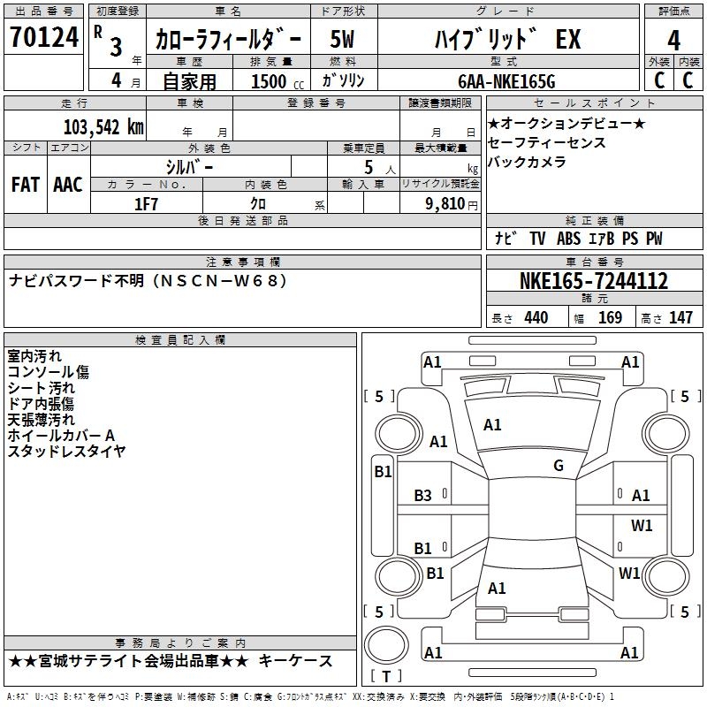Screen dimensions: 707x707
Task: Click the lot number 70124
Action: pyautogui.click(x=44, y=36)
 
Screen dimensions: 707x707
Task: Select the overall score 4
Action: pyautogui.click(x=673, y=40)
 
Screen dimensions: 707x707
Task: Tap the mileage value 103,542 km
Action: pyautogui.click(x=103, y=126)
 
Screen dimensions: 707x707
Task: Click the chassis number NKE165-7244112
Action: pyautogui.click(x=593, y=280)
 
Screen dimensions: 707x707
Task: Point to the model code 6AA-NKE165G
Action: pyautogui.click(x=506, y=81)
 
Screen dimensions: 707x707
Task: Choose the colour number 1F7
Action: pyautogui.click(x=146, y=204)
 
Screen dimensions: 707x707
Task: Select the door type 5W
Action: pyautogui.click(x=342, y=39)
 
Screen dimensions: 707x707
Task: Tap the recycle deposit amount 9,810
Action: pyautogui.click(x=445, y=203)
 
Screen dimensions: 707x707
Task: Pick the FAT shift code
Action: pyautogui.click(x=26, y=185)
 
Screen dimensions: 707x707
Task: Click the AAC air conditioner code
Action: pyautogui.click(x=68, y=185)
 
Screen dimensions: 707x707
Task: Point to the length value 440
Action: pyautogui.click(x=536, y=317)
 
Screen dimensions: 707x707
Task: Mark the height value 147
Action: pyautogui.click(x=680, y=317)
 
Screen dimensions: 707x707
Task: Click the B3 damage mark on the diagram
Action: pyautogui.click(x=423, y=496)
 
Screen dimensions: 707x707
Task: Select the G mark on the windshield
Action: pyautogui.click(x=559, y=465)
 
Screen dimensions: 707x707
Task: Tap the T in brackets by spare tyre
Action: pyautogui.click(x=386, y=676)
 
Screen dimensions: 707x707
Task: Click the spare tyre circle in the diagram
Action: pyautogui.click(x=386, y=645)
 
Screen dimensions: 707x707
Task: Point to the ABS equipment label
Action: pyautogui.click(x=568, y=238)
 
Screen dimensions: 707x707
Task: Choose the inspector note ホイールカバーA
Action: pyautogui.click(x=61, y=435)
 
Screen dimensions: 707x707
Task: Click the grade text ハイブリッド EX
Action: pyautogui.click(x=507, y=39)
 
